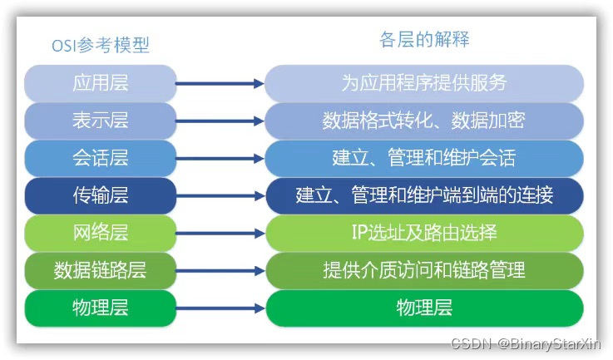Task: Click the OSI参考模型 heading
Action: coord(101,45)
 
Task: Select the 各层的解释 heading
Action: coord(424,39)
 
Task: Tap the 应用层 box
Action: coord(101,83)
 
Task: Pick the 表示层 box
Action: coord(101,121)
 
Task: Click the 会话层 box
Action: coord(101,158)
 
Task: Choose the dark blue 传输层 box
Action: coord(101,195)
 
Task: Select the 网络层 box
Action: coord(101,233)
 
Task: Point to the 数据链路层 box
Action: coord(101,270)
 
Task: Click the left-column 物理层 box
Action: coord(101,308)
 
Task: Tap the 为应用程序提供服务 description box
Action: coord(424,83)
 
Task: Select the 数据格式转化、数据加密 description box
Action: coord(424,121)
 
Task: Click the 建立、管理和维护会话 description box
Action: coord(424,158)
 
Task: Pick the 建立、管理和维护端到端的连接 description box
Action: coord(424,195)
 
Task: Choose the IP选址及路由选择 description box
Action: coord(424,233)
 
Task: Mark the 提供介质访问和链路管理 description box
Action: coord(424,270)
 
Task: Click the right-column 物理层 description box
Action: coord(424,308)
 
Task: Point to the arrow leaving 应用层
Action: coord(220,83)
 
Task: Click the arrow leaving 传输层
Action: coord(220,195)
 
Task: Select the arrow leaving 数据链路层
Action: coord(220,270)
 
